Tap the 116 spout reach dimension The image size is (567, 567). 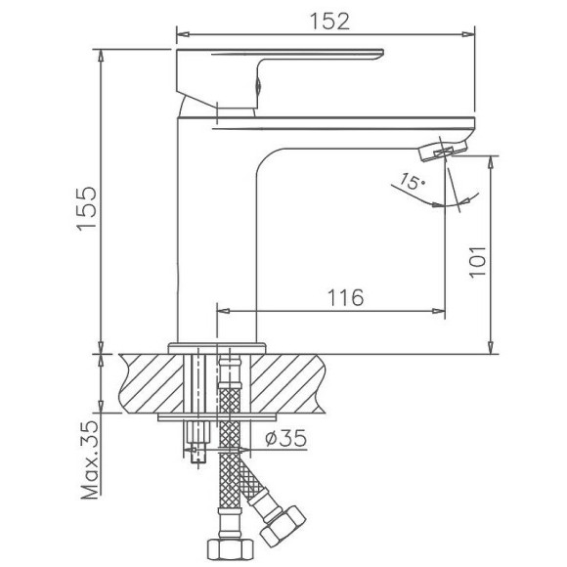[339, 297]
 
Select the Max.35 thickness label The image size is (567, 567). [90, 460]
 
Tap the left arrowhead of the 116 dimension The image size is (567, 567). [220, 311]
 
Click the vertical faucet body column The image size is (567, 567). [215, 225]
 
